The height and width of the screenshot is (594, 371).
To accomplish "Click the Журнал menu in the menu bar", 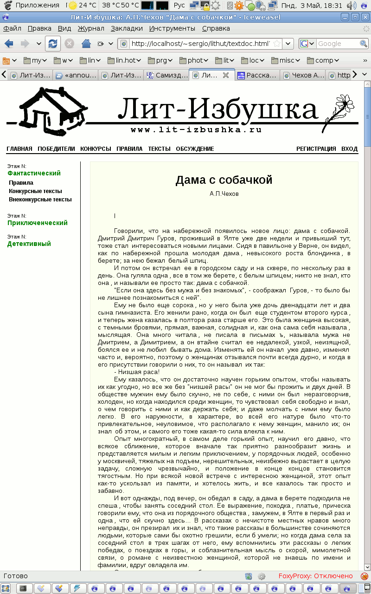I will tap(91, 28).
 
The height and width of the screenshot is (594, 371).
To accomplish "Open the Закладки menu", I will tap(127, 28).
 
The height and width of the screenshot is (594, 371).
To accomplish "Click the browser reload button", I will tap(53, 44).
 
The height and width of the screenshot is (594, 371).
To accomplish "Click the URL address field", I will tap(199, 44).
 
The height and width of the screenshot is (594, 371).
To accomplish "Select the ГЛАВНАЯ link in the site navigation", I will tap(19, 149).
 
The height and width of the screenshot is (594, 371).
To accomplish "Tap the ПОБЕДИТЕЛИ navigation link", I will tap(56, 149).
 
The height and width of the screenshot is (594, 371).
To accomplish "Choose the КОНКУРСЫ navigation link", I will tap(96, 149).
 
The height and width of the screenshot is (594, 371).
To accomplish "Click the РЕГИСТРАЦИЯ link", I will tap(316, 149).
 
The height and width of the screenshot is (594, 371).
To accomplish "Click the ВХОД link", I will tap(349, 149).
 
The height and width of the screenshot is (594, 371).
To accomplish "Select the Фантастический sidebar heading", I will tap(34, 173).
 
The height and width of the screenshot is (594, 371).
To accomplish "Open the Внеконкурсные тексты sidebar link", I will tap(40, 200).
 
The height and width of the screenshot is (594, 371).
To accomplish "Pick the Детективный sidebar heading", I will tap(29, 244).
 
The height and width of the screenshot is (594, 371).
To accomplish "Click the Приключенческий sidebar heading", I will tap(38, 223).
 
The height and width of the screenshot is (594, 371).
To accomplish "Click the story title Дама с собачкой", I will tap(224, 180).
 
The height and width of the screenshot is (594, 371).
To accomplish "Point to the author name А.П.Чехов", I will tap(224, 194).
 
